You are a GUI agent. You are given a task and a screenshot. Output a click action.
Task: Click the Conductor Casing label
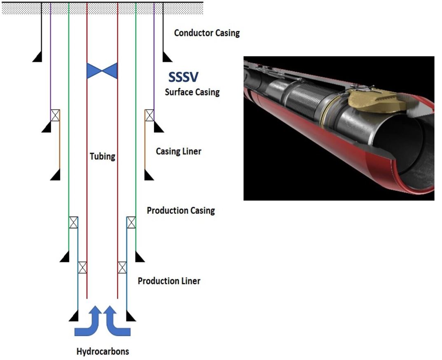pos(207,33)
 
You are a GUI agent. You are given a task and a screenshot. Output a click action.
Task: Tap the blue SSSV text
pos(184,77)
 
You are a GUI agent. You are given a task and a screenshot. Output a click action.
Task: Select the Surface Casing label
pos(192,92)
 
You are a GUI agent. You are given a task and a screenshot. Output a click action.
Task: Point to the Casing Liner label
pos(178,152)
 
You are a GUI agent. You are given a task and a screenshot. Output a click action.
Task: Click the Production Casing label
pos(181,210)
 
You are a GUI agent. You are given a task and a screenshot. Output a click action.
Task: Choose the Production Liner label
pos(169,281)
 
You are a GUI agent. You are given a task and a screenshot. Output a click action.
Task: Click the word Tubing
pos(102,157)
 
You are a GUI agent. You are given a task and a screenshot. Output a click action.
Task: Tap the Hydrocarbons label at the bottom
pos(103,351)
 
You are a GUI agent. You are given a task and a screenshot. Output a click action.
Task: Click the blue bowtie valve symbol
pos(102,71)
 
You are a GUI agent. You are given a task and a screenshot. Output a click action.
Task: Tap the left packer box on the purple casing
pos(55,115)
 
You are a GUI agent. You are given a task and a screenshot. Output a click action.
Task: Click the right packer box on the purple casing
pos(149,115)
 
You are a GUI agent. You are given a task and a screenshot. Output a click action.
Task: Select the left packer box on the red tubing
pos(82,267)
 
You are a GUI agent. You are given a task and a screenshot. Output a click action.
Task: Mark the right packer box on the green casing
pos(131,222)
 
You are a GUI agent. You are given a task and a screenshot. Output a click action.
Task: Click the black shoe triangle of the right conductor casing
pos(167,57)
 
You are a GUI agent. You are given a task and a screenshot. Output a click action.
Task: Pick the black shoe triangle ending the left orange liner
pos(56,175)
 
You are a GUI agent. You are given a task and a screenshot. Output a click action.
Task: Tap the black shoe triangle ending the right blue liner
pos(131,316)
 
